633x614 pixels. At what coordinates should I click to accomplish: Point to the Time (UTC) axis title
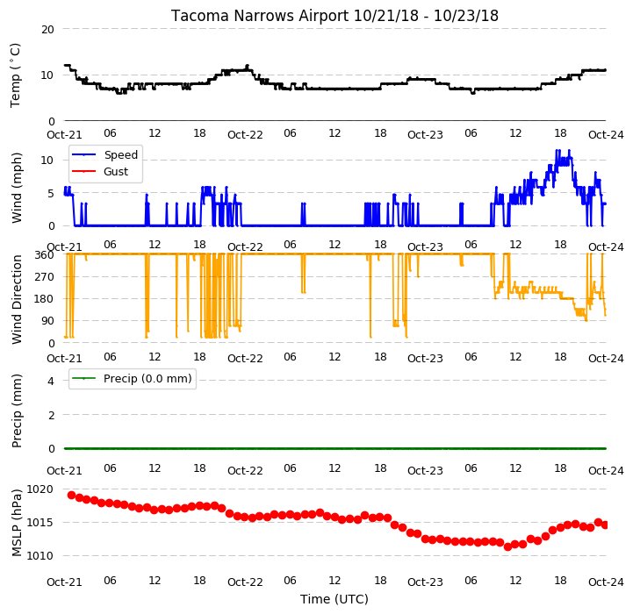(x=334, y=599)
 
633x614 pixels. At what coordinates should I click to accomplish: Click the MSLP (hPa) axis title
(x=16, y=523)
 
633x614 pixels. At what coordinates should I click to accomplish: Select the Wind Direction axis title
(x=17, y=299)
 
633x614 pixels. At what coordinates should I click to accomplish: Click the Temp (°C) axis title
(x=15, y=75)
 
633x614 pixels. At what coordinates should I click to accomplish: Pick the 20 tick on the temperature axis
(x=47, y=30)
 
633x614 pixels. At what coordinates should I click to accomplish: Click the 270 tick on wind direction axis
(x=45, y=277)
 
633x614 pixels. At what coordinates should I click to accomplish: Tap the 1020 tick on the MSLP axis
(x=40, y=489)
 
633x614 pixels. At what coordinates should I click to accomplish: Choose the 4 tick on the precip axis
(x=51, y=381)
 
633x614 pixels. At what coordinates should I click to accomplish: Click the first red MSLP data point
(x=71, y=495)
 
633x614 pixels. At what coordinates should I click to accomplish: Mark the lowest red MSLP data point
(x=507, y=546)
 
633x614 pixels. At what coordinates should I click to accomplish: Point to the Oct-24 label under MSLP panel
(x=606, y=582)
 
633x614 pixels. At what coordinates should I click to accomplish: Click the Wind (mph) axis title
(x=16, y=188)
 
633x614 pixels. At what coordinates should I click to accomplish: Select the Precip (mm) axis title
(x=16, y=411)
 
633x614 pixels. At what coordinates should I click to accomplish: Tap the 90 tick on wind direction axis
(x=47, y=321)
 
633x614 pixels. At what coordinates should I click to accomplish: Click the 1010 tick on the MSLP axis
(x=40, y=556)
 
